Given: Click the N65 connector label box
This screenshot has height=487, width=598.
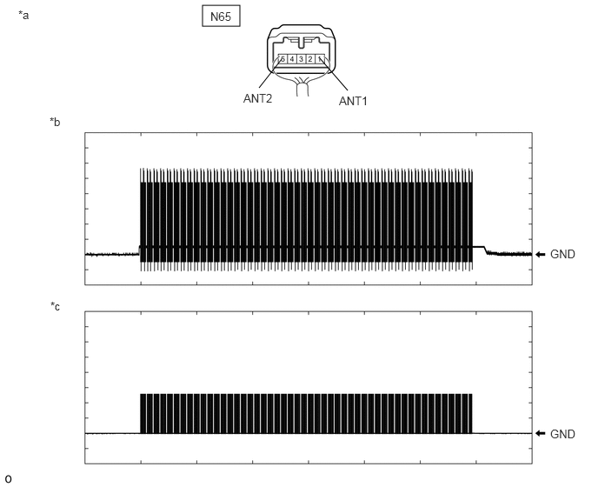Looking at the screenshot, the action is (221, 16).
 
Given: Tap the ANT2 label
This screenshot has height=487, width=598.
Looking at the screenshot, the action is (257, 98).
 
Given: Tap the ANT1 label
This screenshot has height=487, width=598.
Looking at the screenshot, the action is (353, 101).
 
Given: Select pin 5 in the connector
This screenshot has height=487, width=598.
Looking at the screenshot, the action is (282, 59).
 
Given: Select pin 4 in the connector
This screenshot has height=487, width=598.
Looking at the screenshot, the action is (292, 59).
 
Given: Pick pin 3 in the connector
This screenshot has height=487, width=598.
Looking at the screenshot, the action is (301, 59).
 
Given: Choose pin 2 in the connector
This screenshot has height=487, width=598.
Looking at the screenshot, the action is (310, 59).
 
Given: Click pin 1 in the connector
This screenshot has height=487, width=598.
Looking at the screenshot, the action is (319, 59).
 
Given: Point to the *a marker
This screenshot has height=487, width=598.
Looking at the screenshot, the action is (23, 16).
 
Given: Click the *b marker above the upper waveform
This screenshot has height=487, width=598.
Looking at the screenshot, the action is (55, 122).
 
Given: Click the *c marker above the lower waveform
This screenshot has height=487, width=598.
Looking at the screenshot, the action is (56, 306).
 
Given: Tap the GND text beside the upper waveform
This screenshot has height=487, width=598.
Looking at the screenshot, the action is (562, 254).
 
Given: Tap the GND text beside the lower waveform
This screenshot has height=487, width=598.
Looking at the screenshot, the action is (562, 434).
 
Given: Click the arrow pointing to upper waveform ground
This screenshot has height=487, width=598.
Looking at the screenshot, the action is (541, 254).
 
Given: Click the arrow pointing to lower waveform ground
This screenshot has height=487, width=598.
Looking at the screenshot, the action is (541, 433).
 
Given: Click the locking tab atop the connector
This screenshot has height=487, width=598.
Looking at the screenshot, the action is (301, 43).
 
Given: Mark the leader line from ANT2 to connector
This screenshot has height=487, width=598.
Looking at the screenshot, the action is (270, 73).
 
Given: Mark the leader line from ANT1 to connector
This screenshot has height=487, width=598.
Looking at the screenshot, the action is (334, 75).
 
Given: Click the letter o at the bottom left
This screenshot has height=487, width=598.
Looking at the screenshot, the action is (8, 479).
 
